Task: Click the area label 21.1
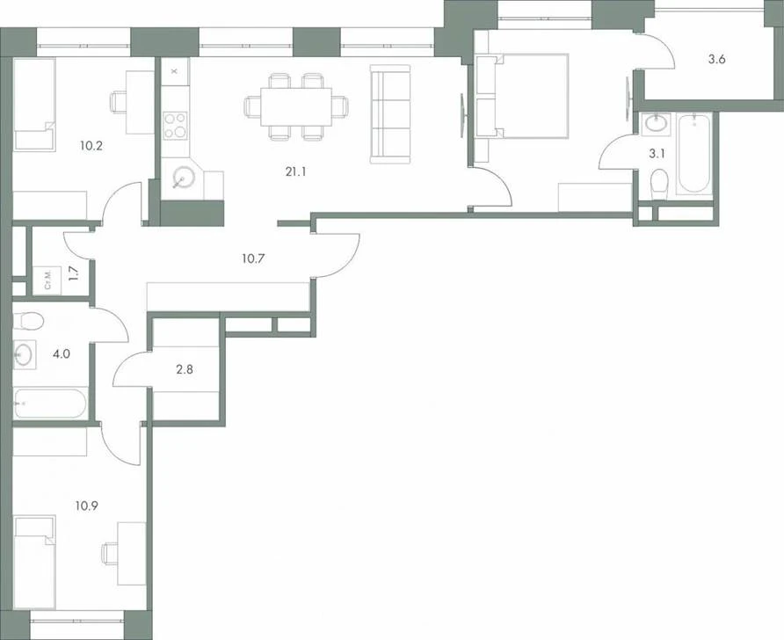tap(295, 172)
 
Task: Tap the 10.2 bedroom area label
tap(91, 146)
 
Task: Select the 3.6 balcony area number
tap(716, 60)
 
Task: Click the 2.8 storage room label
tap(185, 369)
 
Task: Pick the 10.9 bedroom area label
tap(86, 506)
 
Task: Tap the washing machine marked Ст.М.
tap(47, 280)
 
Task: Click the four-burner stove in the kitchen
tap(175, 125)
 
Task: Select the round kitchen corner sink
tap(183, 178)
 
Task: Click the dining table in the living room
tap(296, 107)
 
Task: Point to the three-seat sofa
tap(390, 114)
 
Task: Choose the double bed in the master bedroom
tap(522, 96)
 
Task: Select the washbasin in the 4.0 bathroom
tap(24, 354)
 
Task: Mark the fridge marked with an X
tap(175, 71)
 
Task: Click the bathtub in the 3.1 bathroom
tap(693, 154)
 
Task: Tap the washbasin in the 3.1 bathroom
tap(657, 123)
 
